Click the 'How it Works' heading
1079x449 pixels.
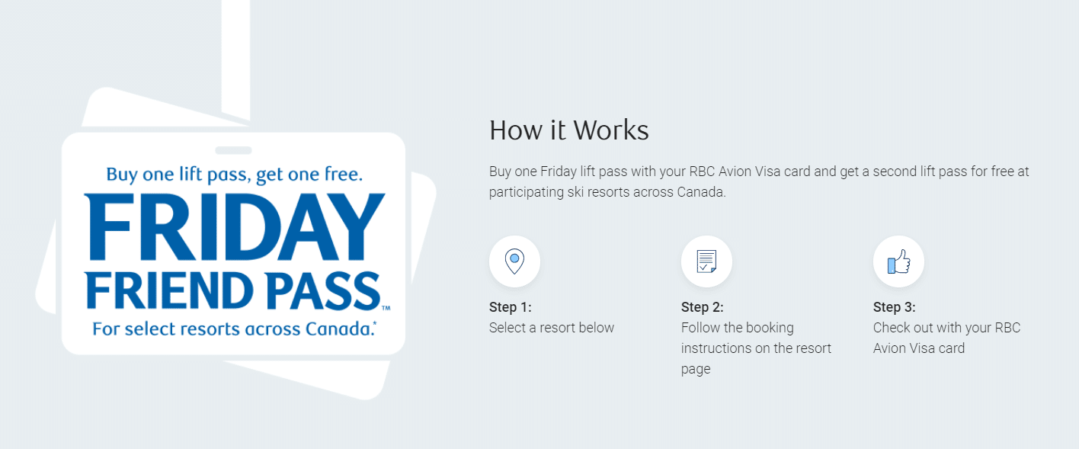pos(569,130)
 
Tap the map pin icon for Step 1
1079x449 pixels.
pos(514,261)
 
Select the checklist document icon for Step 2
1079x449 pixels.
pos(706,261)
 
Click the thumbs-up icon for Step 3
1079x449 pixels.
pos(899,261)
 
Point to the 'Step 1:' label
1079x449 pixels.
pos(510,307)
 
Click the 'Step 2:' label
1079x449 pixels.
pos(703,307)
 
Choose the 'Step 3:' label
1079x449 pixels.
pos(895,307)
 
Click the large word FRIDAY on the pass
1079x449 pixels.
pos(235,226)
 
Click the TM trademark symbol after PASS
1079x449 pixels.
pos(386,308)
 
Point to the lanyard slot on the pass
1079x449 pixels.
pos(233,150)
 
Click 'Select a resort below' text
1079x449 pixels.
pos(552,328)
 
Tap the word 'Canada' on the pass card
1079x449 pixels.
pos(339,329)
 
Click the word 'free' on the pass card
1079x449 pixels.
pos(342,174)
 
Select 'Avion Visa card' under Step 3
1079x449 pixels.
pos(919,348)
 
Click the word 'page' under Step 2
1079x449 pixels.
pos(696,370)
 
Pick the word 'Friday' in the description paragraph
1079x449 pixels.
pos(559,172)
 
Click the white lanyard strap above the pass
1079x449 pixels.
pos(235,58)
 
